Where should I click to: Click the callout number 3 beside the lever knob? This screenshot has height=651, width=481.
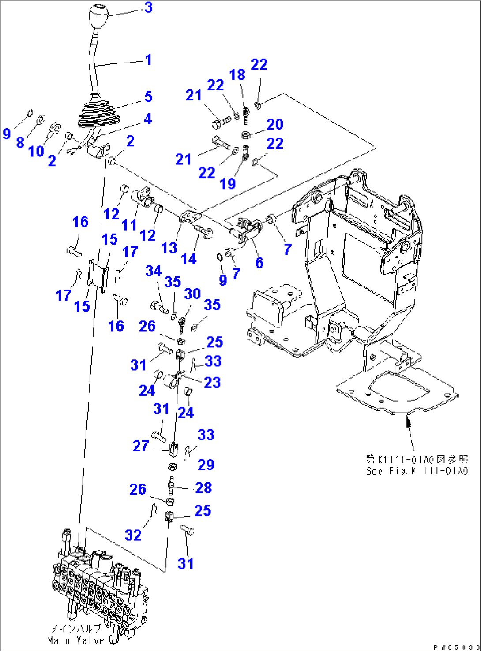[149, 7]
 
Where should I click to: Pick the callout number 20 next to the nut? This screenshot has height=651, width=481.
[274, 125]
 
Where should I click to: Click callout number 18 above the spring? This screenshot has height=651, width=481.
[237, 75]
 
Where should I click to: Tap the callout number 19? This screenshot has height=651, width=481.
[228, 183]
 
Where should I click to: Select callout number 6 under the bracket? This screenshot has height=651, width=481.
[259, 263]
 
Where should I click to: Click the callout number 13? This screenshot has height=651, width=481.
[169, 248]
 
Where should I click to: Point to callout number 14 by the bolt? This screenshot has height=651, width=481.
[189, 259]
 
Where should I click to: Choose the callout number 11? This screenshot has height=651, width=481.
[129, 225]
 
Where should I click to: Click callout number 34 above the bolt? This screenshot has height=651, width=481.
[154, 271]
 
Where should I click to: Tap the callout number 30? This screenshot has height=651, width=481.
[192, 294]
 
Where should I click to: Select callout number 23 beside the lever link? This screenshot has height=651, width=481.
[212, 382]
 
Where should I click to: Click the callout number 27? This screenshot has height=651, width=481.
[141, 446]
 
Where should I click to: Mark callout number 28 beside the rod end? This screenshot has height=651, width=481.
[203, 488]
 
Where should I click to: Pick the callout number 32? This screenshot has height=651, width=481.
[133, 535]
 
